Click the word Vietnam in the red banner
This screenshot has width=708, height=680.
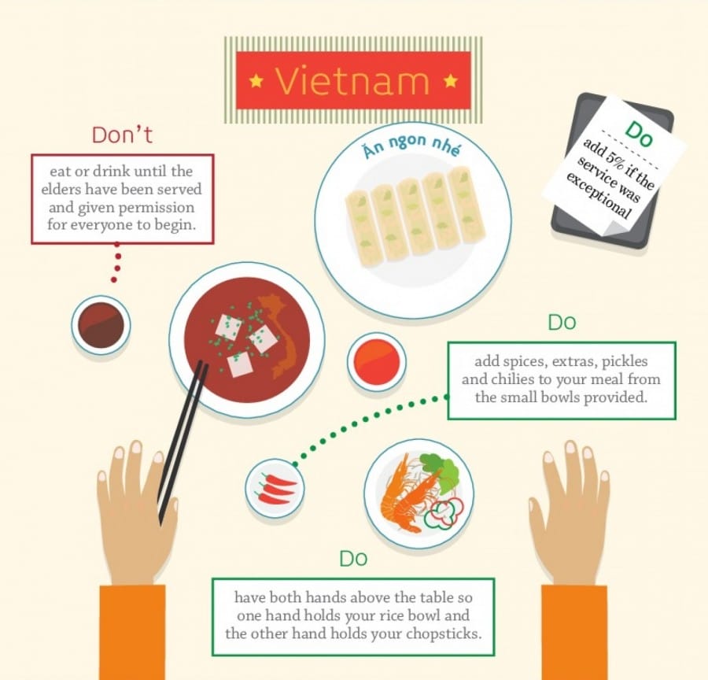tap(352, 81)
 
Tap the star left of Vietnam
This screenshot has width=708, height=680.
tap(256, 81)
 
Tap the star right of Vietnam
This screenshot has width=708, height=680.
tap(450, 81)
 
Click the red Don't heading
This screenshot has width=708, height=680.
tap(122, 135)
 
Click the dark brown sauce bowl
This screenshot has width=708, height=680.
tap(101, 325)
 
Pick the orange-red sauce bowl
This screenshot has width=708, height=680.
tap(376, 362)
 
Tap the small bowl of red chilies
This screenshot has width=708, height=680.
tap(275, 489)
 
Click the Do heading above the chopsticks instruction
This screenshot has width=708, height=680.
tap(353, 559)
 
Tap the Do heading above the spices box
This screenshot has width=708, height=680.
tap(562, 322)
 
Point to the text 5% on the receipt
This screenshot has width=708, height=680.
tap(615, 161)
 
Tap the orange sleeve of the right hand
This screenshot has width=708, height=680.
tap(574, 632)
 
